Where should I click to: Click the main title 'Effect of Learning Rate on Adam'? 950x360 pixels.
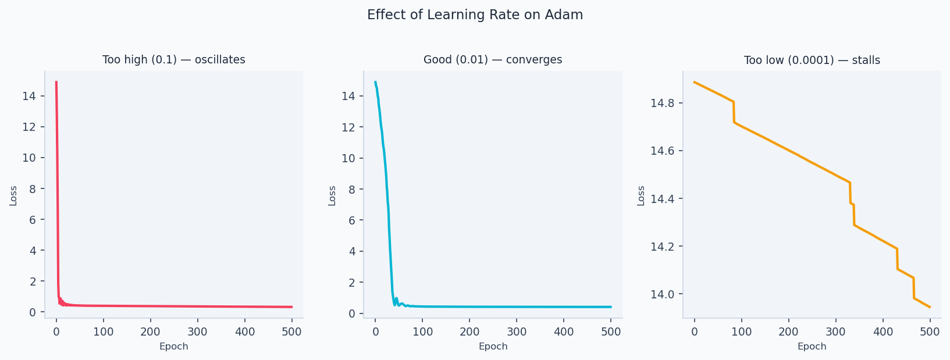[475, 15]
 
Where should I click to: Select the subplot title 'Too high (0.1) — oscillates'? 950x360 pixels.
[173, 60]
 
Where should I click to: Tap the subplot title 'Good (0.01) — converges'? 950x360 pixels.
[493, 60]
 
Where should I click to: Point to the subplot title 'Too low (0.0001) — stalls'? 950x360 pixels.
[812, 60]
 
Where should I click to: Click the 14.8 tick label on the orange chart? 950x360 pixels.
[662, 104]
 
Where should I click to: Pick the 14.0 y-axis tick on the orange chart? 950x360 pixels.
[662, 294]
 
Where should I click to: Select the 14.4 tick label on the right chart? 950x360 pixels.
[662, 199]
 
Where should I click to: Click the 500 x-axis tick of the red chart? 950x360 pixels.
[291, 332]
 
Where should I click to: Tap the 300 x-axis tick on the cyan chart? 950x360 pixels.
[517, 332]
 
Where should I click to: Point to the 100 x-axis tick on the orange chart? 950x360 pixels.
[741, 332]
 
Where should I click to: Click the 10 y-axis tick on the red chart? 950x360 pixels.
[30, 158]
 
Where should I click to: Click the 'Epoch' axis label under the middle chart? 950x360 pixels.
[493, 347]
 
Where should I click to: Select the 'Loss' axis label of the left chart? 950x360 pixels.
[13, 195]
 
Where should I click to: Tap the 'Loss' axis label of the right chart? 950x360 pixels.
[641, 195]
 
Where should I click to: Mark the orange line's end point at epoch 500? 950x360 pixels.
[930, 307]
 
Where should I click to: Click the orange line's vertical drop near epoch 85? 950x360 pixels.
[734, 112]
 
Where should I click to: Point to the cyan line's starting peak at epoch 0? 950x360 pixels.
[375, 82]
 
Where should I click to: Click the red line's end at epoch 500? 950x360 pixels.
[291, 306]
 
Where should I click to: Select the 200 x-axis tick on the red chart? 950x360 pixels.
[150, 332]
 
